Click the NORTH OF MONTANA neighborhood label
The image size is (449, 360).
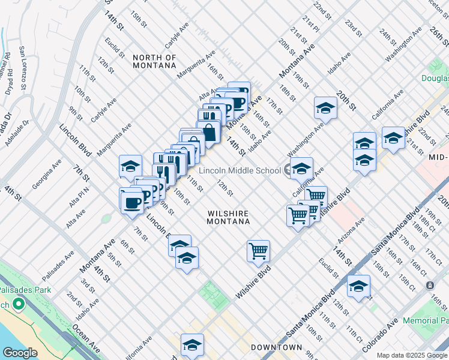point(154,62)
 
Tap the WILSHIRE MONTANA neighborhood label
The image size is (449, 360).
point(228,217)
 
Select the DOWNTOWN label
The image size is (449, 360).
point(276,347)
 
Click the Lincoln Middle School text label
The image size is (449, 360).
point(240,170)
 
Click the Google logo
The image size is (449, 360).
point(20,352)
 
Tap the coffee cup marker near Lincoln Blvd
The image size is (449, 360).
point(131,202)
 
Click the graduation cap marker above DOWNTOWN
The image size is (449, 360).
point(192,344)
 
